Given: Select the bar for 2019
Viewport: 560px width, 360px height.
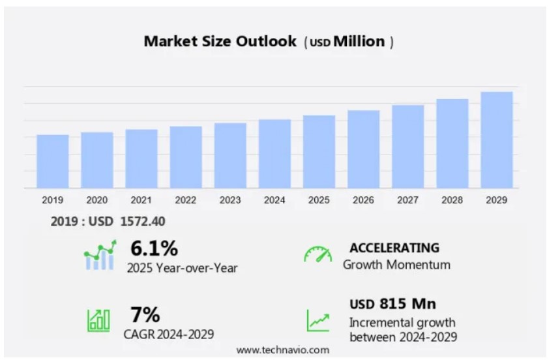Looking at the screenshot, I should (x=53, y=161).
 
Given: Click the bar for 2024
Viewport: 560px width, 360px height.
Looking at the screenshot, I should (x=274, y=153).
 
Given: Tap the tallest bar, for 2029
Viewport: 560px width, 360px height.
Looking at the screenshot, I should (x=496, y=140).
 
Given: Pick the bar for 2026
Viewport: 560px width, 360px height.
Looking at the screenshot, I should (x=363, y=149).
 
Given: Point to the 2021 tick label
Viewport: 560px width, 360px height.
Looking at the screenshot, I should (x=141, y=200).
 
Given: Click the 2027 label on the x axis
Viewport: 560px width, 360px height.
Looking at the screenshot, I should (x=407, y=200).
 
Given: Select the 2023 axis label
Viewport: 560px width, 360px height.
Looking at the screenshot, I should (x=230, y=200).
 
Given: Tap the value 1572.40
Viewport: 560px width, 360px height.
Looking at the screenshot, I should (x=143, y=222).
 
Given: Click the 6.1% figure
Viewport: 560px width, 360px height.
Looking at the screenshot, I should (x=154, y=248).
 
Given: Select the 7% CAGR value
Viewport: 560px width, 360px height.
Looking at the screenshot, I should (x=145, y=316).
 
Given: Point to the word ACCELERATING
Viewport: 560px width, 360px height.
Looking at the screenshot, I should (x=394, y=248).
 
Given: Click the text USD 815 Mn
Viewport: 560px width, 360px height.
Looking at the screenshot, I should (x=392, y=304).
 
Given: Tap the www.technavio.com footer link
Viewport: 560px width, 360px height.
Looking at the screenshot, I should (x=282, y=350).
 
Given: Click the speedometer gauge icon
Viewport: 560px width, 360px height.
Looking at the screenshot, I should (x=317, y=254).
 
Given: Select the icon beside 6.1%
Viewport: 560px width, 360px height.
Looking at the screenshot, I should (x=100, y=255).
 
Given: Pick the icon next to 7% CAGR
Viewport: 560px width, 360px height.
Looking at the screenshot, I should (x=98, y=319).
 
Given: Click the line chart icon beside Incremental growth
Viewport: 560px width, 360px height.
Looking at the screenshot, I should (x=318, y=320).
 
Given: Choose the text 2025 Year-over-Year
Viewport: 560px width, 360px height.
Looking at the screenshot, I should (x=182, y=267).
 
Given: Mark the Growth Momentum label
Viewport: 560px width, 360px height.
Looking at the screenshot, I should (x=396, y=265).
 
